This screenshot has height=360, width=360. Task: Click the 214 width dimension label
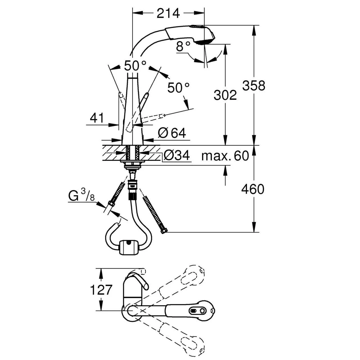(168, 13)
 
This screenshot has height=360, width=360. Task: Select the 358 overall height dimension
(254, 85)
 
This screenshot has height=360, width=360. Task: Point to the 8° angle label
(184, 47)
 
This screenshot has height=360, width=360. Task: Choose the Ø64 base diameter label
(172, 133)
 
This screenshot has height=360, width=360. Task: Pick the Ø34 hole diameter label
(176, 155)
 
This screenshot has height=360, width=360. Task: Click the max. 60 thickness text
(225, 156)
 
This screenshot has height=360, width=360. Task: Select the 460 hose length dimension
(253, 189)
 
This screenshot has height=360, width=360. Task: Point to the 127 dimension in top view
(101, 289)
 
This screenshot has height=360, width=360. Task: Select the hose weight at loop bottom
(129, 247)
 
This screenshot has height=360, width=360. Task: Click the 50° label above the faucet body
(135, 66)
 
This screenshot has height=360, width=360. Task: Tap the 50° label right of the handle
(179, 88)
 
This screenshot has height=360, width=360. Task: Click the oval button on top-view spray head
(193, 311)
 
